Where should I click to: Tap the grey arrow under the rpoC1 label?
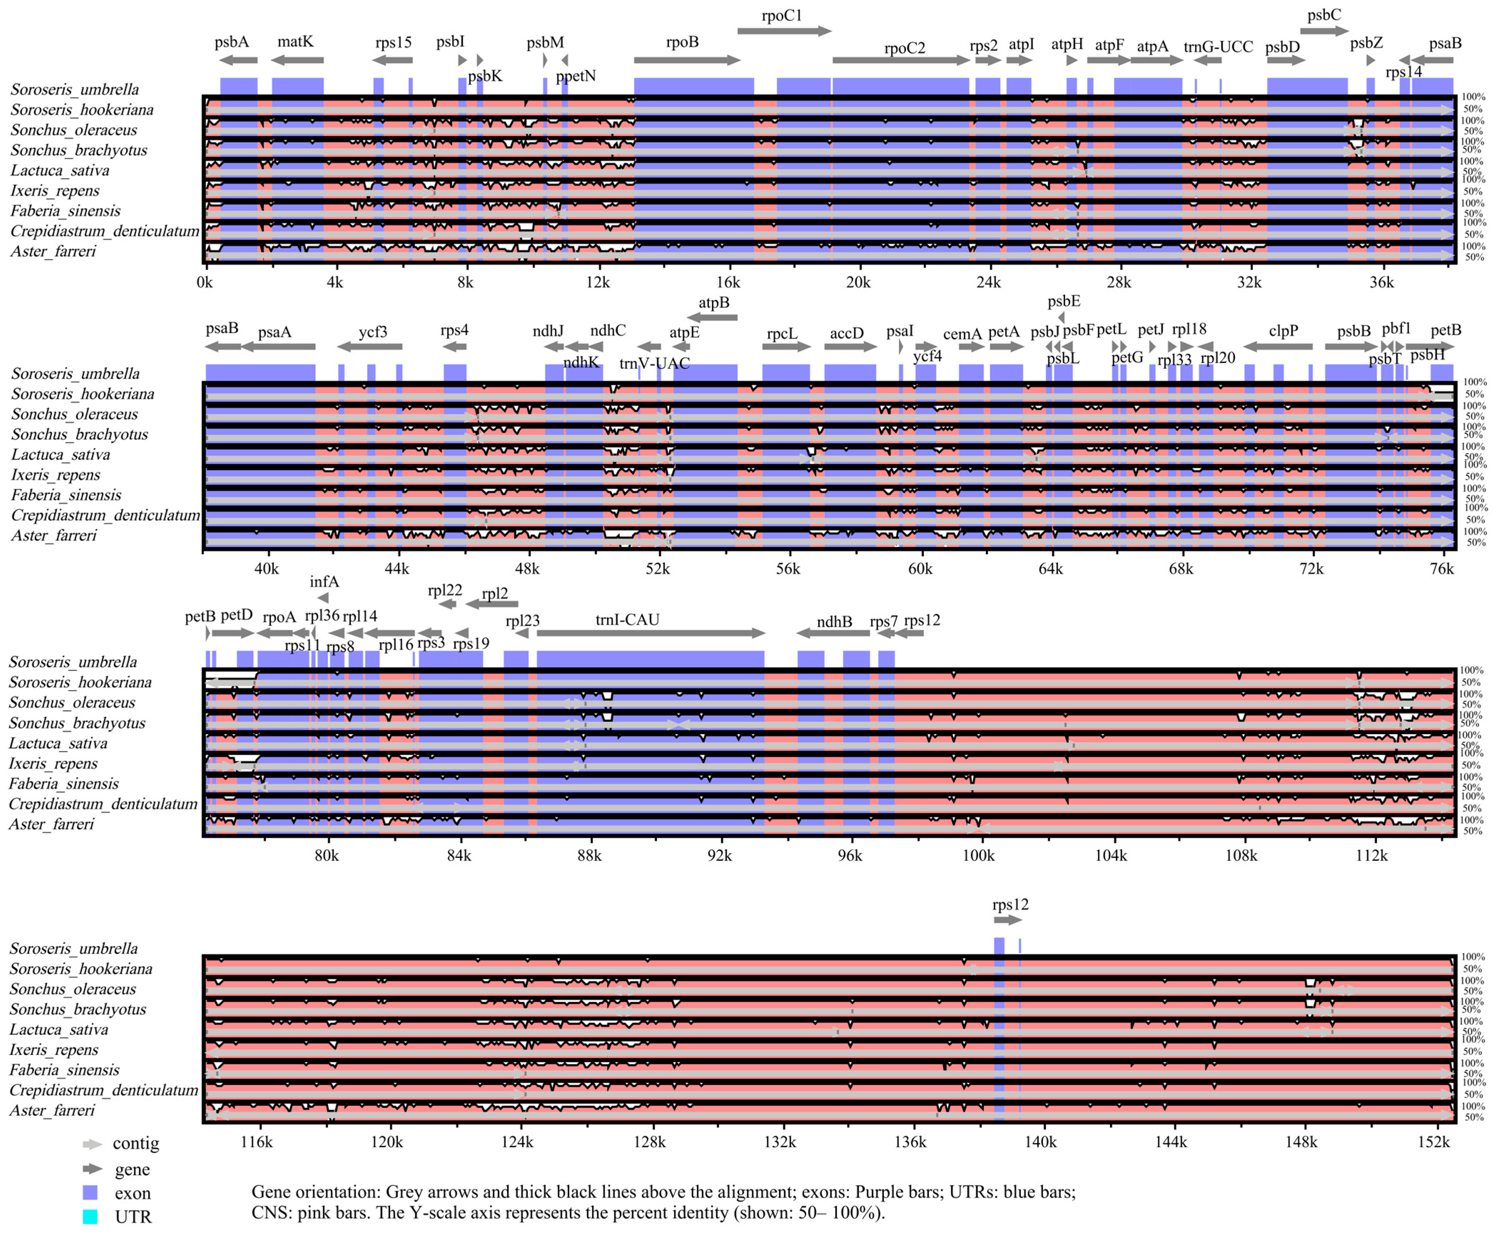[783, 31]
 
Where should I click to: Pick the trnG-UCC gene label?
[1218, 47]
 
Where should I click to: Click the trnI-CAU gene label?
[627, 619]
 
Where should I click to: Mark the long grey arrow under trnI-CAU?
[650, 633]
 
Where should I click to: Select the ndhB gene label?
[834, 622]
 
